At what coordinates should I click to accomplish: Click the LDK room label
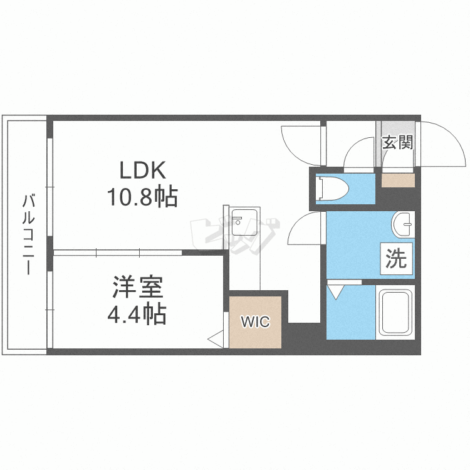[x=142, y=170]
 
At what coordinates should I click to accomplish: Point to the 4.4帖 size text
[x=137, y=313]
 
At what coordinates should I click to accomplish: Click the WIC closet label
[x=256, y=323]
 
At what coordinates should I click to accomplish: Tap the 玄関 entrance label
[x=397, y=142]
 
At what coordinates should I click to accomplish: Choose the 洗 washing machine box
[x=396, y=259]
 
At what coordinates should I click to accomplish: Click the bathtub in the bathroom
[x=395, y=313]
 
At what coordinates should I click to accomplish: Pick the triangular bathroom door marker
[x=335, y=292]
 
